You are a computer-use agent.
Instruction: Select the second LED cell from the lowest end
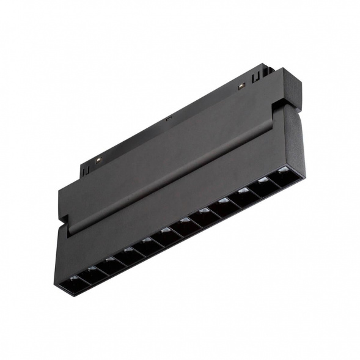92,273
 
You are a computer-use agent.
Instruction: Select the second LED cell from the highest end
263,183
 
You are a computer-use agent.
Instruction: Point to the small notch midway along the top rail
168,120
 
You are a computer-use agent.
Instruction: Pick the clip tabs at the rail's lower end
86,169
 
